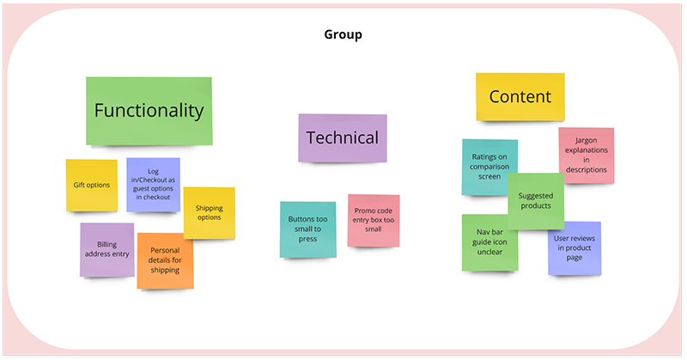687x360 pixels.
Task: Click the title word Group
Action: [343, 35]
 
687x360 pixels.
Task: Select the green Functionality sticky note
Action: [149, 111]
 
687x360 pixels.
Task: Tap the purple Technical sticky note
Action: [342, 137]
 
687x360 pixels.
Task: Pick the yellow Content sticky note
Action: [520, 96]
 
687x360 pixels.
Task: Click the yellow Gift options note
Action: [91, 185]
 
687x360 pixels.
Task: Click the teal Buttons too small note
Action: [307, 229]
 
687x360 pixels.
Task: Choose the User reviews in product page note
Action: [575, 248]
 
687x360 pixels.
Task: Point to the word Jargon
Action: [587, 140]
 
